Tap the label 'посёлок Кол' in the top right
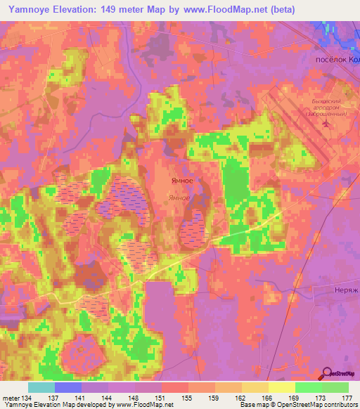click(335, 60)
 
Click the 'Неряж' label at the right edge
click(346, 290)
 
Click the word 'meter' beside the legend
click(11, 398)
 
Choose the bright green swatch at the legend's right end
click(335, 387)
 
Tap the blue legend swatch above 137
click(67, 387)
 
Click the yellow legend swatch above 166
click(255, 387)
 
